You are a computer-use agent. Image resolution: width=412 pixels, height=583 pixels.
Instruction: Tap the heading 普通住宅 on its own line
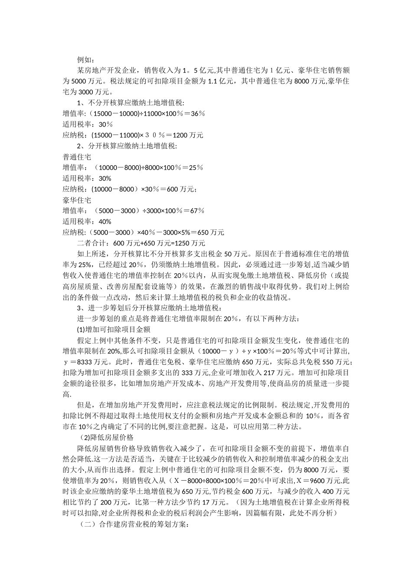(77, 157)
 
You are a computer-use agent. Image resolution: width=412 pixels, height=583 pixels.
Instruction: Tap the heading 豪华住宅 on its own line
(77, 200)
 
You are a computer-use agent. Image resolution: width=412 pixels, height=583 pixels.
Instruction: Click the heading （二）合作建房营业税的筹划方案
(134, 524)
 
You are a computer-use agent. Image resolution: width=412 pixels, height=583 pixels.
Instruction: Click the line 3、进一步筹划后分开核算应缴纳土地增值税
(149, 308)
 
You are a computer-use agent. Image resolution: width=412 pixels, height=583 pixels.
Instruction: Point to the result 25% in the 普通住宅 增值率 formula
(196, 167)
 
